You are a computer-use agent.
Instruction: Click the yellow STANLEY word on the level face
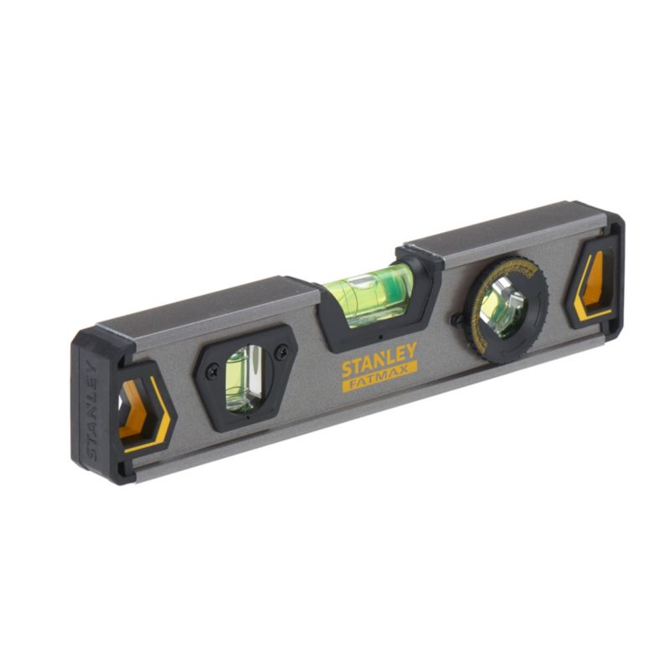[x=379, y=359]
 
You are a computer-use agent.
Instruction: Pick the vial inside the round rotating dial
[x=504, y=307]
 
